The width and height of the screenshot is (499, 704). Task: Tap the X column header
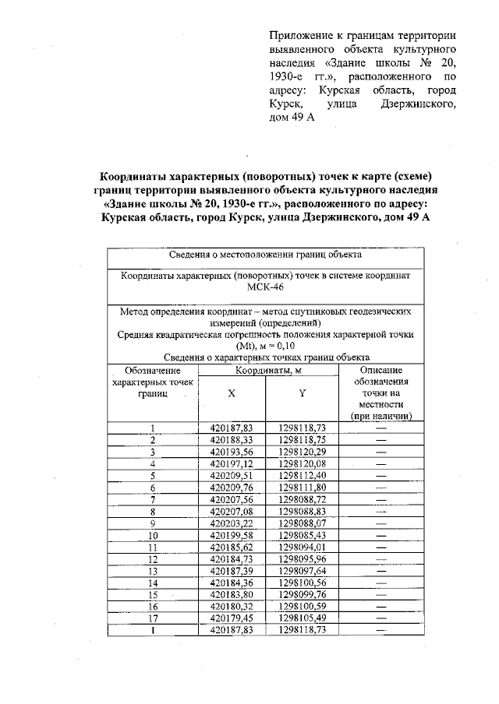click(x=232, y=392)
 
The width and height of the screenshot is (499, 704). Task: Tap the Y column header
click(x=302, y=392)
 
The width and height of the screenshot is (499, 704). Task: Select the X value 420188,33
click(x=232, y=439)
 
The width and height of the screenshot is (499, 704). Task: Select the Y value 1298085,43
click(x=302, y=536)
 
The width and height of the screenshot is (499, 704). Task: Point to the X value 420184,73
click(x=232, y=559)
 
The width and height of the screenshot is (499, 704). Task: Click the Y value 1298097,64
click(x=302, y=571)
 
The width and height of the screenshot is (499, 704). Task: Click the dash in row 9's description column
click(x=381, y=524)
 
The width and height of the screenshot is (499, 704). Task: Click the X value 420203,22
click(x=232, y=524)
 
